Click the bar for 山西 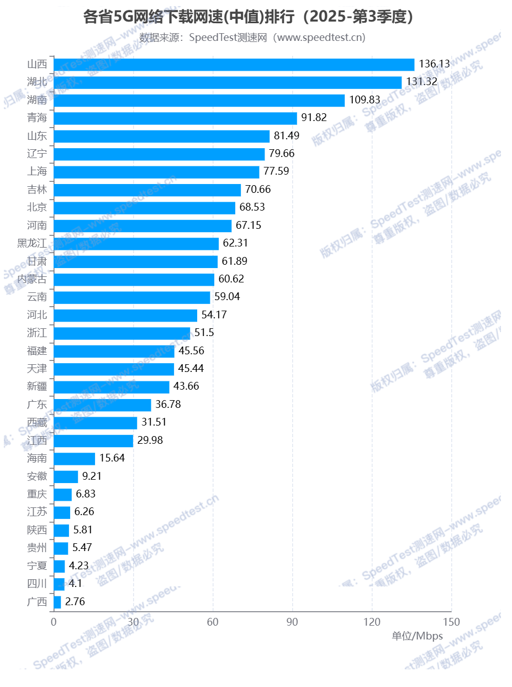pos(234,65)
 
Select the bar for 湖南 pos(199,101)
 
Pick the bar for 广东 pos(102,405)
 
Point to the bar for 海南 pos(74,459)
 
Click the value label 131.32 pos(421,82)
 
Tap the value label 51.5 pos(204,333)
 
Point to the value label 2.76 pos(75,602)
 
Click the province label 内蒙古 pos(32,279)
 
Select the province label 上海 pos(37,171)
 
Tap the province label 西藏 pos(37,423)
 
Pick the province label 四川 pos(37,584)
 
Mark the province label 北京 pos(37,207)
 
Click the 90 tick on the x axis pos(292,622)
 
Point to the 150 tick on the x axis pos(451,622)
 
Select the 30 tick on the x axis pos(133,622)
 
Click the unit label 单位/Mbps pos(417,636)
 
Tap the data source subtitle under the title pos(252,38)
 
